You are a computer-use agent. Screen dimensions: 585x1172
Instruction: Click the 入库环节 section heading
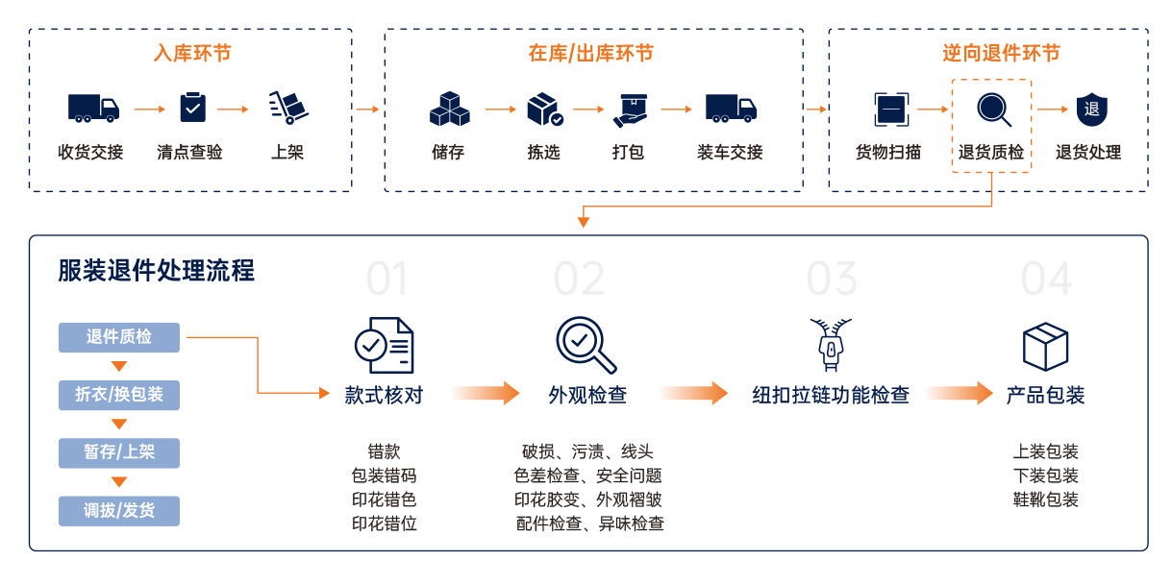tap(192, 54)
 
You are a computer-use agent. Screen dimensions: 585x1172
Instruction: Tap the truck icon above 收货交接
tap(92, 108)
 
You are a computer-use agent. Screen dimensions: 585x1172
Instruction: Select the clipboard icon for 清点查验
tap(192, 108)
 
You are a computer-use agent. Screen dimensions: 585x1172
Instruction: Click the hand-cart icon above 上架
tap(287, 108)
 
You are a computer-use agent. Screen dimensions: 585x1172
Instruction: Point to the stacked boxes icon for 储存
tap(449, 109)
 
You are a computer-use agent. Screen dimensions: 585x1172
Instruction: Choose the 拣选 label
tap(543, 152)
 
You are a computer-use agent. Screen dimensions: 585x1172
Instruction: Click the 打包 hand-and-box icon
tap(631, 110)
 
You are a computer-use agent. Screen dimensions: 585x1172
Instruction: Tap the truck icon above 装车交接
tap(730, 108)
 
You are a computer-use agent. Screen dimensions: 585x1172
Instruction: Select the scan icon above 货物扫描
tap(890, 109)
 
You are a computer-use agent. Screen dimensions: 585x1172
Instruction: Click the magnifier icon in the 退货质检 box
tap(993, 109)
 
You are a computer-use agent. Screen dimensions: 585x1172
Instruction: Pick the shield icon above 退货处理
tap(1091, 109)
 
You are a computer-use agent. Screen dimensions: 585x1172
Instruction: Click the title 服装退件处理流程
tap(157, 271)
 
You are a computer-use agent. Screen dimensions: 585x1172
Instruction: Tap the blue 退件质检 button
tap(119, 337)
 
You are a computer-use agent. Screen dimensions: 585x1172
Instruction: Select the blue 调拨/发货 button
tap(119, 510)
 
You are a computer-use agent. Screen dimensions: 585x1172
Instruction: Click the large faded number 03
tap(831, 279)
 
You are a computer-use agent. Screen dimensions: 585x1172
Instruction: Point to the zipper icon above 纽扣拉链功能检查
tap(831, 346)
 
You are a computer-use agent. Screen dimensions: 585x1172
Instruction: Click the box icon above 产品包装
tap(1045, 346)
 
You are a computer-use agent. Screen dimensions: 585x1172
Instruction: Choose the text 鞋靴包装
tap(1045, 500)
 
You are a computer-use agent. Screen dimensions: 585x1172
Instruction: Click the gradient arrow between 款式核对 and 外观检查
tap(486, 393)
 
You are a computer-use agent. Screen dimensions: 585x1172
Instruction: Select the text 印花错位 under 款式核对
tap(384, 524)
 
